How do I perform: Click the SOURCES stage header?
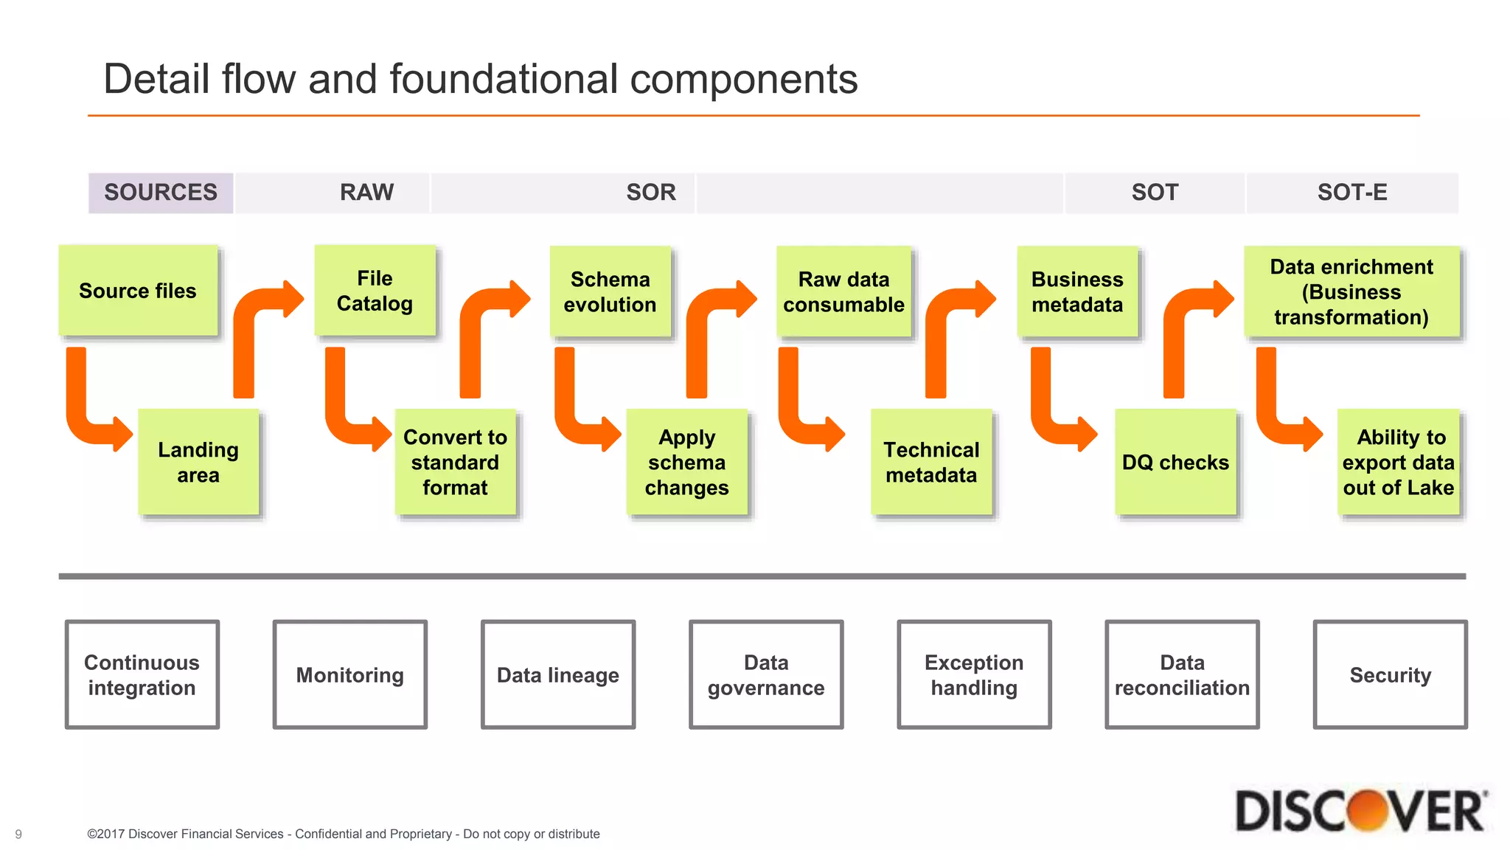point(161,193)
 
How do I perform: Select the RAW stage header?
point(366,193)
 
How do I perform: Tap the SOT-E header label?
point(1351,193)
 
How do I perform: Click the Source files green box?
point(138,291)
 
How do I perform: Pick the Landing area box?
point(198,462)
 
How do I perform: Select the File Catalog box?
point(375,291)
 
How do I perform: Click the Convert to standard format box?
point(455,462)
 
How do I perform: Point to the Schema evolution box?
point(610,291)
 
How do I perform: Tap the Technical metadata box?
point(931,462)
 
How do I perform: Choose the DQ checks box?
point(1175,462)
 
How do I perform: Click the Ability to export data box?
point(1398,462)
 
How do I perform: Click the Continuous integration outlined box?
point(142,674)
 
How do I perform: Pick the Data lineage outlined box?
point(557,674)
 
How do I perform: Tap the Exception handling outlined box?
point(973,674)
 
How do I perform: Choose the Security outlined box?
point(1390,674)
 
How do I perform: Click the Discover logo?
point(1360,811)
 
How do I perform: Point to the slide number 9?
point(18,835)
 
